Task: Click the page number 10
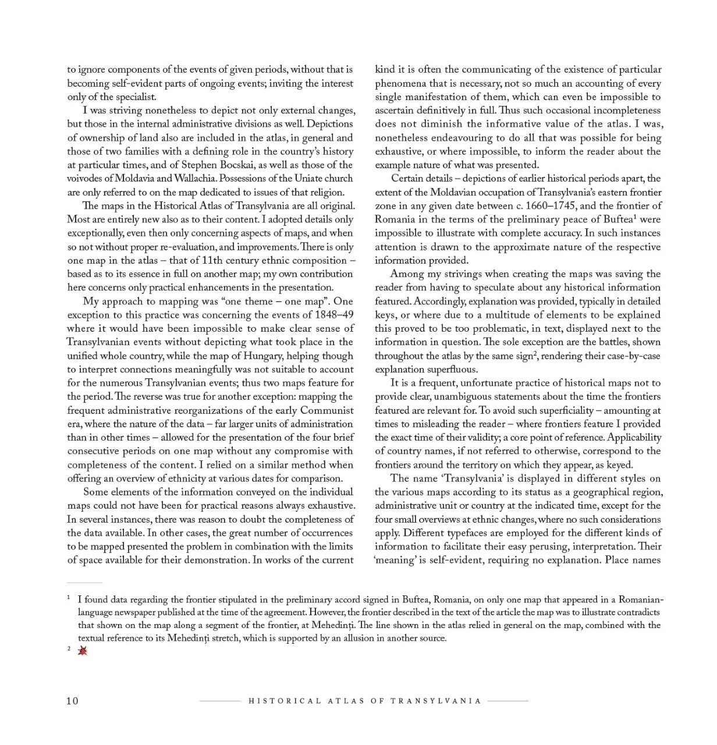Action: click(72, 701)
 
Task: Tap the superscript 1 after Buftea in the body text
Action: click(635, 217)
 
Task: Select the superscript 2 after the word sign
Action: click(535, 353)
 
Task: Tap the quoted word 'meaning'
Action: click(396, 560)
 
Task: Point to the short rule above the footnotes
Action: click(84, 582)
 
